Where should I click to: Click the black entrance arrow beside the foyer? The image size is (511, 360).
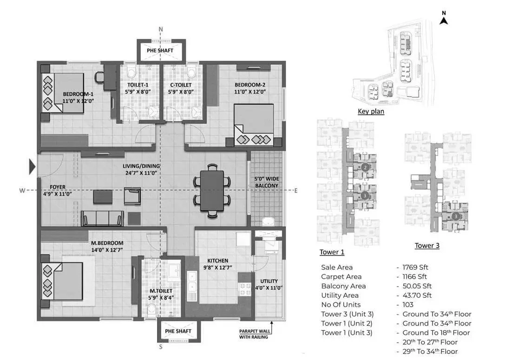pos(32,166)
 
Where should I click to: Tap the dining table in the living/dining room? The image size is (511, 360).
pos(212,190)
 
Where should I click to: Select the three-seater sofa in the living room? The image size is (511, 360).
pos(102,218)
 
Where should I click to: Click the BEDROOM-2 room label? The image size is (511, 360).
pos(250,85)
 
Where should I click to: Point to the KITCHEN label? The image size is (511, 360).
pos(218,261)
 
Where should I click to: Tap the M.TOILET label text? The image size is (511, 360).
pos(161,291)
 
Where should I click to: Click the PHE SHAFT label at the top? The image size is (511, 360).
pos(160,51)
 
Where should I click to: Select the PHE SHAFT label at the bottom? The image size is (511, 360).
pos(178,331)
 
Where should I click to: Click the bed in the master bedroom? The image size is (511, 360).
pos(62,281)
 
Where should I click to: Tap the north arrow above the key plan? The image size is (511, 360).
pos(444,20)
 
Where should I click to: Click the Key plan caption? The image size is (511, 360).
pos(371,111)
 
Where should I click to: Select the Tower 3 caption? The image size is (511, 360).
pos(427,246)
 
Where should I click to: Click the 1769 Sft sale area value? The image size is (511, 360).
pos(415,267)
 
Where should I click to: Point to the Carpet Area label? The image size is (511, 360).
pos(341,276)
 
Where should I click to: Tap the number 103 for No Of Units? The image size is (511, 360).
pos(408,305)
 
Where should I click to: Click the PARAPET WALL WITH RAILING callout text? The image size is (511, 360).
pos(255,334)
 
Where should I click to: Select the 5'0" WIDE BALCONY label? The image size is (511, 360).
pos(267,182)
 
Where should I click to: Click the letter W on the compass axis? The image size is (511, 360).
pos(22,190)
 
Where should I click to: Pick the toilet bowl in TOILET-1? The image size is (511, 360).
pos(131,72)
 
